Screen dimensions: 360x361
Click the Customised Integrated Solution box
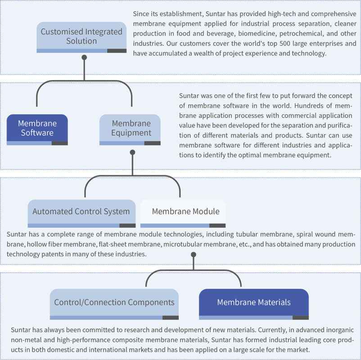(x=81, y=36)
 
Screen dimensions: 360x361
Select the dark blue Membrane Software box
(x=37, y=128)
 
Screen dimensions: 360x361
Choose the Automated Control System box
(x=81, y=211)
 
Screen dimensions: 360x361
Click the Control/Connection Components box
(x=114, y=302)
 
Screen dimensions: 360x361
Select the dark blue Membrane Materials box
(x=254, y=302)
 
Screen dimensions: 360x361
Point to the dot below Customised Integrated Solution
(x=84, y=58)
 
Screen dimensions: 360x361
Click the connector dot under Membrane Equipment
(x=132, y=152)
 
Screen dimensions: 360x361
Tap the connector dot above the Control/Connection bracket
(x=194, y=254)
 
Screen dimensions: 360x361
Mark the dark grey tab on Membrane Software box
(x=59, y=143)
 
